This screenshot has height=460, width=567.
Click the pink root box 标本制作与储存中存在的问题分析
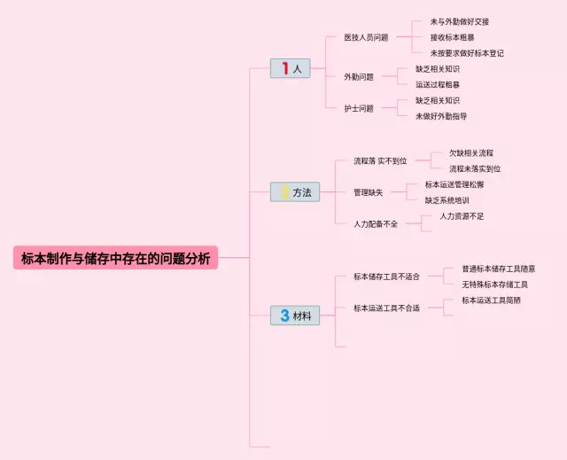(115, 258)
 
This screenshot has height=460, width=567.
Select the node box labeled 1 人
(291, 68)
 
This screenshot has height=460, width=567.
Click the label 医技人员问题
(366, 37)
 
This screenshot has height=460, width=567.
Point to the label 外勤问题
(359, 76)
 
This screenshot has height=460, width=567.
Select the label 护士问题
(359, 108)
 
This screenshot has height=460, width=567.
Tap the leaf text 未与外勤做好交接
(460, 21)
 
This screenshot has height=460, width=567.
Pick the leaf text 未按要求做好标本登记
(467, 53)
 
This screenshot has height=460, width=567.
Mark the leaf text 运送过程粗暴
(438, 84)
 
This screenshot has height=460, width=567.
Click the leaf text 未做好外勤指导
(441, 116)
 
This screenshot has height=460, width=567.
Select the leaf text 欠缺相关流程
(471, 153)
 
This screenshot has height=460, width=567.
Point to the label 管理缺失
(368, 191)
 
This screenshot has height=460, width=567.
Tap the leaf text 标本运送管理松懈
(454, 184)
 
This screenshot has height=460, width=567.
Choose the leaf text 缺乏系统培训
(447, 200)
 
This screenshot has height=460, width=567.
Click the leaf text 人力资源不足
(462, 216)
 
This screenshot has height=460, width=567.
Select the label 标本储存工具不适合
(386, 277)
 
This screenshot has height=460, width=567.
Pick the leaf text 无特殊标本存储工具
(494, 285)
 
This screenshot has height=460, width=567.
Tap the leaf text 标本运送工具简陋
(491, 300)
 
